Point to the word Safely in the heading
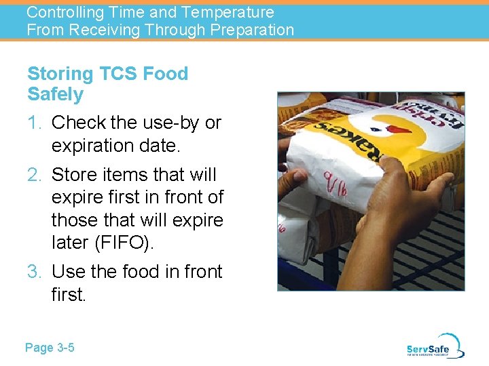[x=55, y=94]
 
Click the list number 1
[x=33, y=123]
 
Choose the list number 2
[x=34, y=175]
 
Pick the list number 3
[x=34, y=272]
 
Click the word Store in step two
[x=74, y=175]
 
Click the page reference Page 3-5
[x=50, y=348]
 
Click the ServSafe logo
[x=435, y=346]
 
